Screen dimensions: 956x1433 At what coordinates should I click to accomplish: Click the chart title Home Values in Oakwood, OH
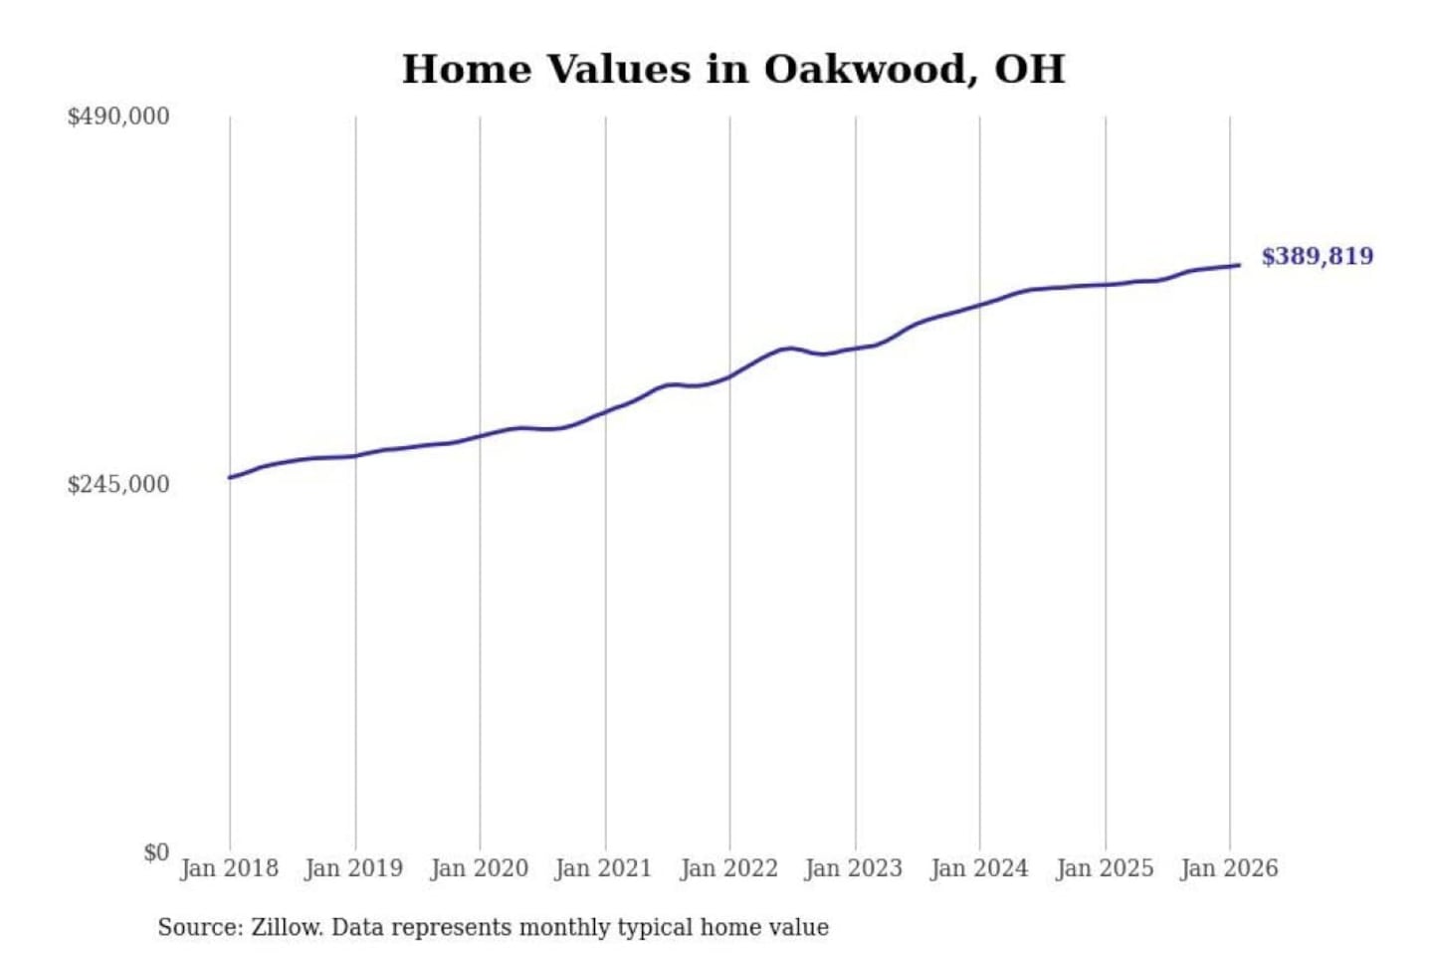733,70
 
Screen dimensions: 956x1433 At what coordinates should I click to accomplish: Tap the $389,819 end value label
1317,257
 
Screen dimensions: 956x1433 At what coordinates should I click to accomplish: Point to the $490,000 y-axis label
118,117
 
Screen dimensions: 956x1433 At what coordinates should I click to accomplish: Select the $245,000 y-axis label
118,485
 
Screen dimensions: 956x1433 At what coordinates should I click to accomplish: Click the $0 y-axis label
156,852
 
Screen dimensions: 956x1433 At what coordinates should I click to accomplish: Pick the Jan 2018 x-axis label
229,868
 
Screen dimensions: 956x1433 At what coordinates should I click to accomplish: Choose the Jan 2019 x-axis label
353,868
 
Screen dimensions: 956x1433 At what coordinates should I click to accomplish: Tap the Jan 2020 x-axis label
479,868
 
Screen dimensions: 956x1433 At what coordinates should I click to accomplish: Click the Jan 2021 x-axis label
603,868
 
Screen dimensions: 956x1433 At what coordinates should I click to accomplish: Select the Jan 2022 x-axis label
728,868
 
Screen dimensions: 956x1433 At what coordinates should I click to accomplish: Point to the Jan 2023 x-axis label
853,868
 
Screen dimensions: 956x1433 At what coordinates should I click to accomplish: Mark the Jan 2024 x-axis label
978,868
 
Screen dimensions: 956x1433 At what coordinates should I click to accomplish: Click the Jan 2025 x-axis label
1104,868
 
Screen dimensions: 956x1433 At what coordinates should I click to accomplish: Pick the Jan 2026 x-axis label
1228,868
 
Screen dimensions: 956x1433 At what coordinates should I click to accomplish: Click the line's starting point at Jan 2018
230,478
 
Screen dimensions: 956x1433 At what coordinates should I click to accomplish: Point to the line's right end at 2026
1239,265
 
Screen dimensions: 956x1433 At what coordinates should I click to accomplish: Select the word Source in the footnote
198,928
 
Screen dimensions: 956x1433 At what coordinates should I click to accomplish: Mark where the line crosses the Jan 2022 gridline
729,376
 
